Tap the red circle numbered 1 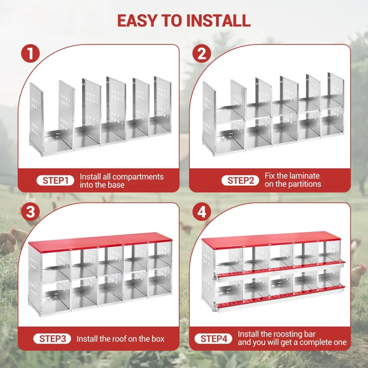coord(31,54)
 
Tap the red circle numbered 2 coord(202,54)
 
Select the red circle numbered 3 coord(31,212)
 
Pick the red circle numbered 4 coord(202,212)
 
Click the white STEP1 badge coord(55,180)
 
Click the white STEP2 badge coord(240,180)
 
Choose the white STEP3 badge coord(52,339)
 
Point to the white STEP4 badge coord(213,339)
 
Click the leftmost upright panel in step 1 coord(36,118)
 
